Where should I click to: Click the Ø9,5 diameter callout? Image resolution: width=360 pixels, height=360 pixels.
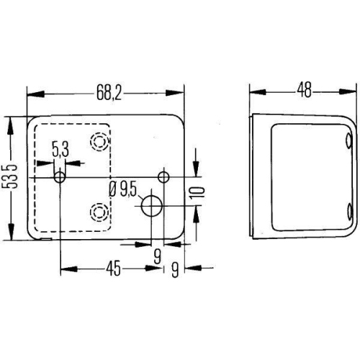[123, 189]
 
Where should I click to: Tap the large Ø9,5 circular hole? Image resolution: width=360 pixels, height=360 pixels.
[152, 205]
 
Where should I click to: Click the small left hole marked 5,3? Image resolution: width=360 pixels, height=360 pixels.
[60, 177]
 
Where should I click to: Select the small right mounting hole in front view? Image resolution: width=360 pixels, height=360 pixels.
[164, 177]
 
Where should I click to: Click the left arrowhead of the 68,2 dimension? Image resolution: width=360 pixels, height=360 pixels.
[31, 93]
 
